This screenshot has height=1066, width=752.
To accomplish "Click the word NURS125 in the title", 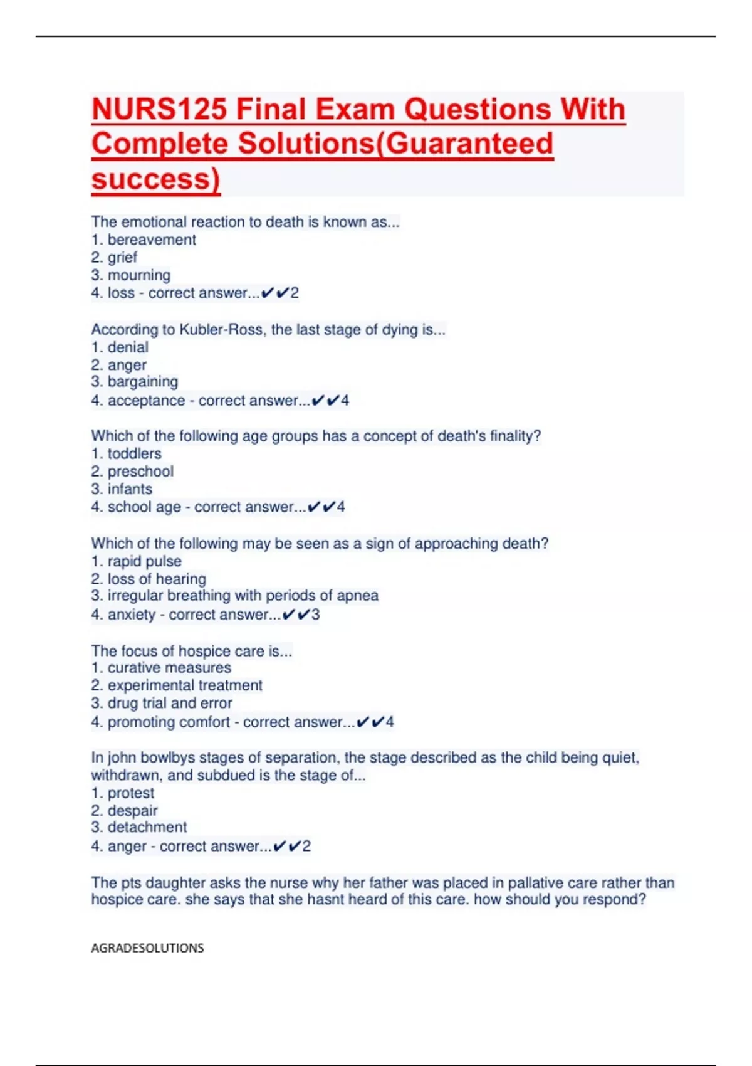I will pyautogui.click(x=159, y=110).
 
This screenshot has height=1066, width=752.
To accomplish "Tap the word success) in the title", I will pyautogui.click(x=156, y=179).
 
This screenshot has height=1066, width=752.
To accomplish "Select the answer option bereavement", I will pyautogui.click(x=152, y=240).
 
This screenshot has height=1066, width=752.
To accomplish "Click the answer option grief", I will pyautogui.click(x=122, y=257).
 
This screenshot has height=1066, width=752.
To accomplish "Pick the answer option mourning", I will pyautogui.click(x=138, y=275).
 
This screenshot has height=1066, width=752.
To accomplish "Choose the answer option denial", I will pyautogui.click(x=128, y=347).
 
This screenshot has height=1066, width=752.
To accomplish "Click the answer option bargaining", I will pyautogui.click(x=142, y=382).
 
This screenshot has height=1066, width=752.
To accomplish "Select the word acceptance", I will pyautogui.click(x=146, y=401).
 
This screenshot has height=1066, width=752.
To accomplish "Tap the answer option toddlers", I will pyautogui.click(x=134, y=453).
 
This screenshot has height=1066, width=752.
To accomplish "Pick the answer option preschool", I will pyautogui.click(x=140, y=472).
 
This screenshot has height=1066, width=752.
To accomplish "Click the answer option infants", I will pyautogui.click(x=130, y=489).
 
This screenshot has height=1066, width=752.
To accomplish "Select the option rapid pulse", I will pyautogui.click(x=144, y=561).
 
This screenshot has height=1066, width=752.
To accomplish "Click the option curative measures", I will pyautogui.click(x=169, y=668).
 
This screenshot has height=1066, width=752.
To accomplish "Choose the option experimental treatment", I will pyautogui.click(x=185, y=685).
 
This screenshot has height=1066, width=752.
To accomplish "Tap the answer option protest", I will pyautogui.click(x=130, y=793).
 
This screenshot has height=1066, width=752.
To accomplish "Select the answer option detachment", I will pyautogui.click(x=147, y=827).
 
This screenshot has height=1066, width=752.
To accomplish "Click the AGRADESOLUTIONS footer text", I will pyautogui.click(x=147, y=948).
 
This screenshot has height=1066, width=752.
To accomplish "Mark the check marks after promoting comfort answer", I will pyautogui.click(x=370, y=722).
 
